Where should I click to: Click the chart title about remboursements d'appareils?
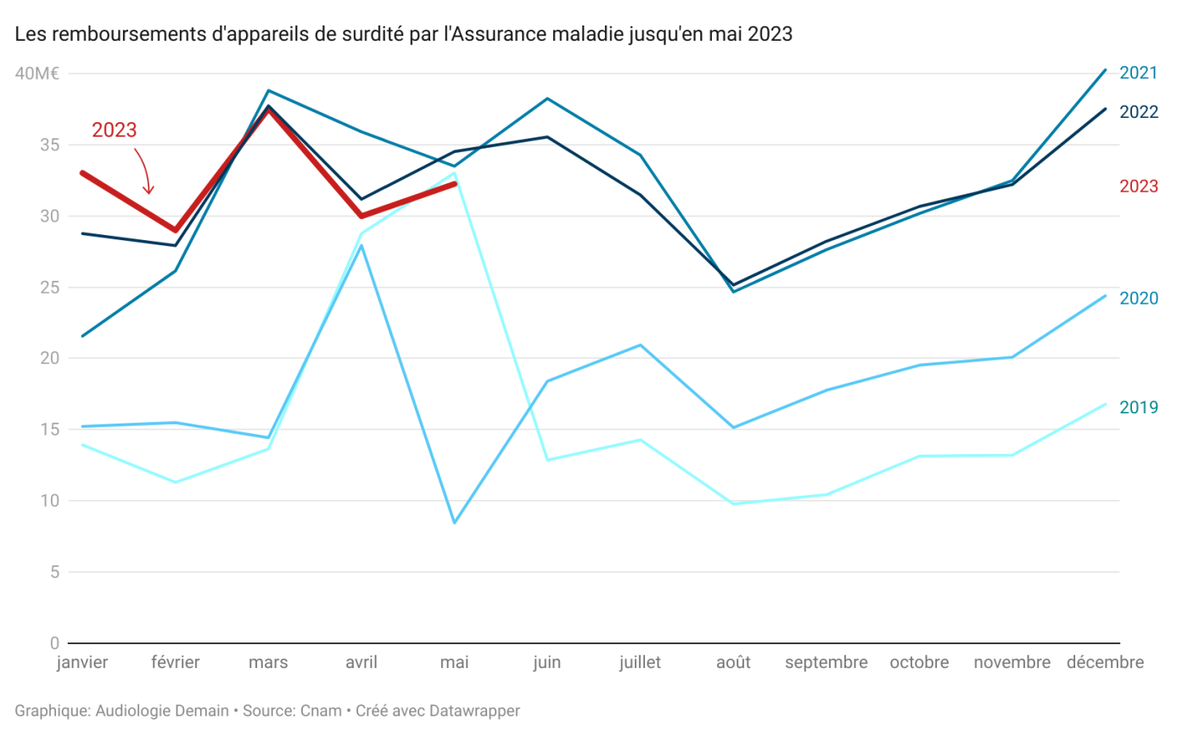(403, 35)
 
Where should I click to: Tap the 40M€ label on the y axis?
(36, 74)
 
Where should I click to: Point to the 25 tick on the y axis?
(49, 287)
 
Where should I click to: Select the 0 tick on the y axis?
(54, 642)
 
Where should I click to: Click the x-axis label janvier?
(82, 663)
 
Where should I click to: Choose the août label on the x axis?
(733, 663)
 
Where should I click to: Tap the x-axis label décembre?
(1105, 663)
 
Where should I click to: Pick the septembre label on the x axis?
(826, 663)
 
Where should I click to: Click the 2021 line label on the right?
(1139, 73)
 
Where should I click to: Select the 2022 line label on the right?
(1139, 112)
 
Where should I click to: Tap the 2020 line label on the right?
(1139, 298)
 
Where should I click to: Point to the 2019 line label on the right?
(1139, 407)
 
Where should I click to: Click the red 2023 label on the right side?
(1139, 186)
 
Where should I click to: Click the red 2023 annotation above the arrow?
(115, 130)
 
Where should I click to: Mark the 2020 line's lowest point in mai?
(455, 522)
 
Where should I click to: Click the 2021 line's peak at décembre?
(1105, 70)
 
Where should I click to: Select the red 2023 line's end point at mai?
(455, 183)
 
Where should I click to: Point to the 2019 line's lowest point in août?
(733, 503)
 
